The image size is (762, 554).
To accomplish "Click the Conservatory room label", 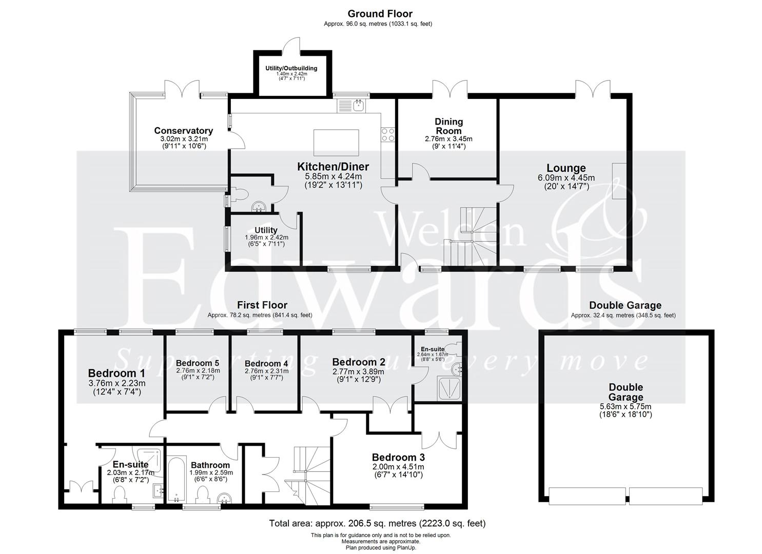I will pos(183,131).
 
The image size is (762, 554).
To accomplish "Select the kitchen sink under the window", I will pos(358,106).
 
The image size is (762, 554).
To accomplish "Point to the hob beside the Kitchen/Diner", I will pos(388,134).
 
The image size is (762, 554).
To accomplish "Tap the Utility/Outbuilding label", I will pos(291,68).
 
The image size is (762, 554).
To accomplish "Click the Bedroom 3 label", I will pos(398,457).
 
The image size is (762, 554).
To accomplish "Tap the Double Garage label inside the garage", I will pos(626,392).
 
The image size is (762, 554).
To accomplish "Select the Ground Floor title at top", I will pos(380,14).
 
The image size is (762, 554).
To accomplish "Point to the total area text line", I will pos(377,523).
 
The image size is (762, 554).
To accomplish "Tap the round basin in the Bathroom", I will pos(224,498).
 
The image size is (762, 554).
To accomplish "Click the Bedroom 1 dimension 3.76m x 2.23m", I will pos(116,383).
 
